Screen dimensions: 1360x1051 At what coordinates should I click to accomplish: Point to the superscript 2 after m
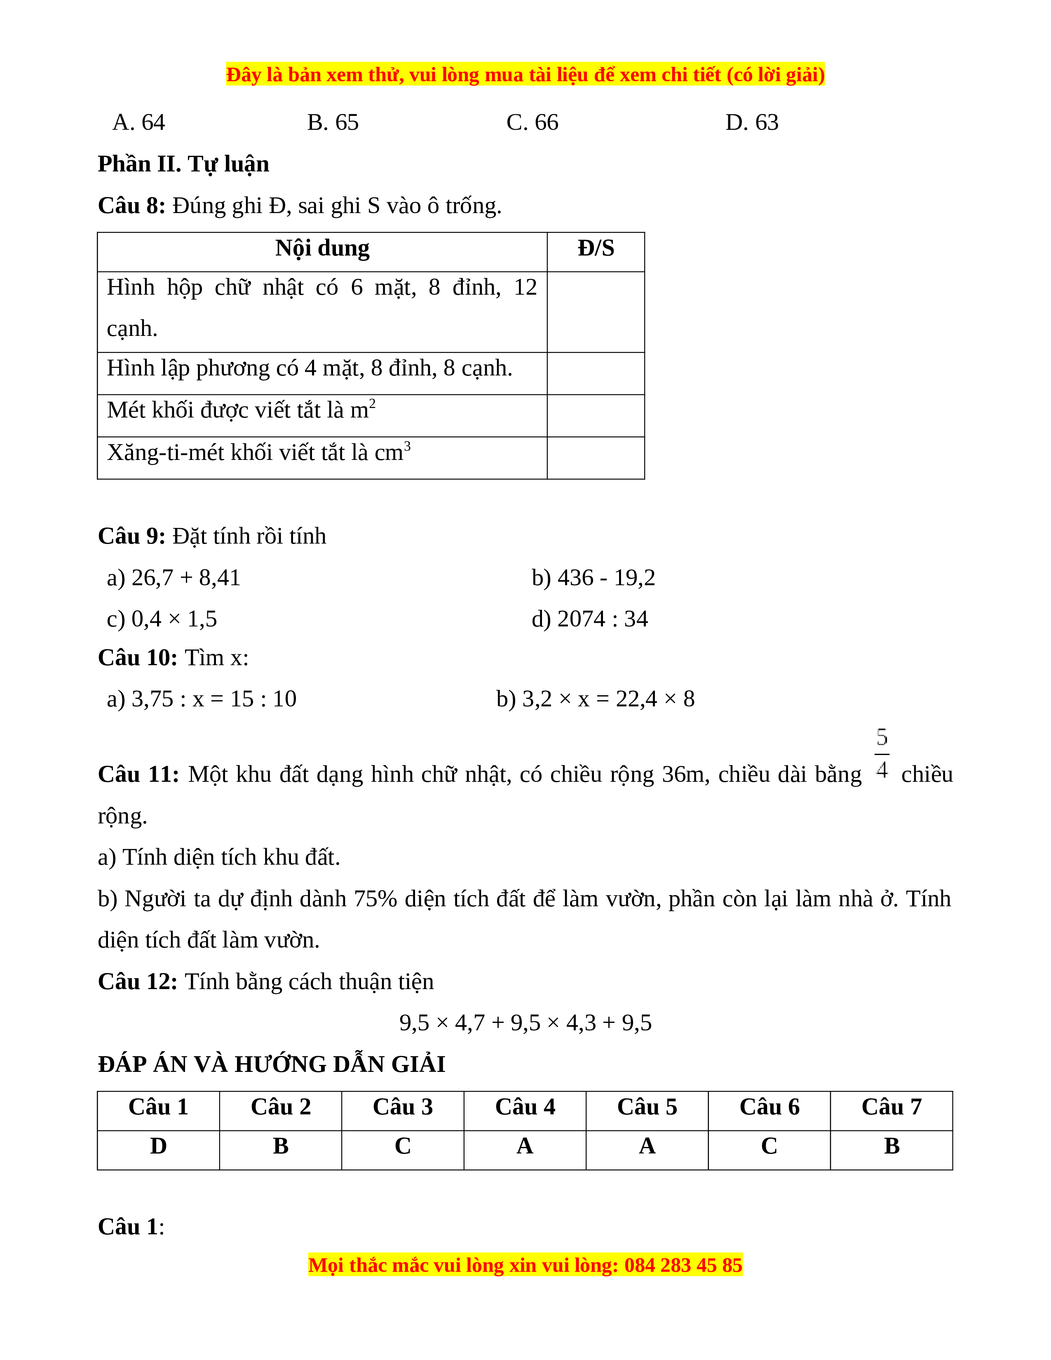point(372,403)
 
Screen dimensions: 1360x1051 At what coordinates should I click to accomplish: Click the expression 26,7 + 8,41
point(185,578)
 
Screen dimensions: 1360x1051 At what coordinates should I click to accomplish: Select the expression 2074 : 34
point(602,619)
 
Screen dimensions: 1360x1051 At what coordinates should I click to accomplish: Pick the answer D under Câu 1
point(158,1146)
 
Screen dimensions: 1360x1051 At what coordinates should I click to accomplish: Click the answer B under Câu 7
point(891,1146)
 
